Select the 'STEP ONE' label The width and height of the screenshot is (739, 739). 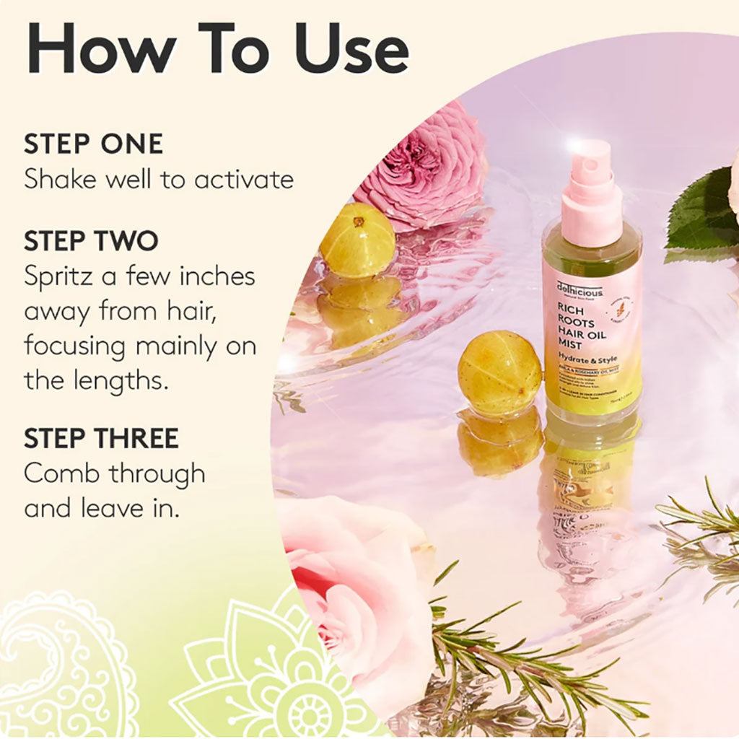[93, 144]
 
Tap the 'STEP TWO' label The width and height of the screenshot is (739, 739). [91, 241]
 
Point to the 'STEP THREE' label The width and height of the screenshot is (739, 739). [101, 437]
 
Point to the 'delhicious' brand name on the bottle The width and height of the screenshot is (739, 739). [580, 289]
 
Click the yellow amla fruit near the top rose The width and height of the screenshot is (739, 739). [357, 240]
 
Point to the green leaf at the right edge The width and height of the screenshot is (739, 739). [704, 209]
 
